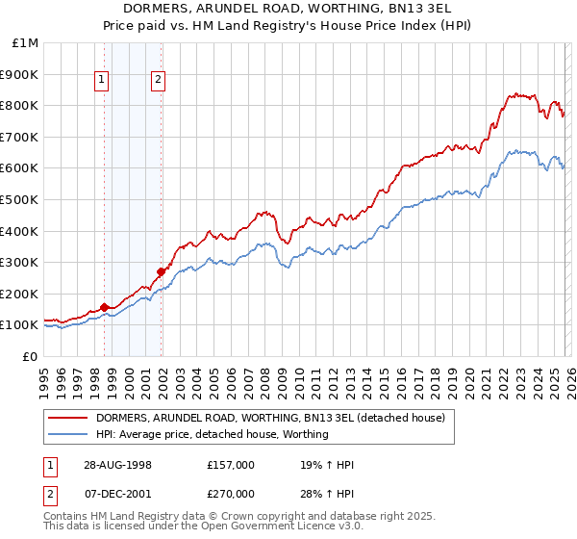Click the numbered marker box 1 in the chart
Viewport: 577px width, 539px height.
click(102, 82)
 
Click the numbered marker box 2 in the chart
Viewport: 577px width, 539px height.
click(158, 82)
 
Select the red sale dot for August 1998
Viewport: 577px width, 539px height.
click(105, 307)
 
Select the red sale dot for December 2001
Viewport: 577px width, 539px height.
click(161, 271)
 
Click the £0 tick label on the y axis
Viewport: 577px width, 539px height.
click(30, 356)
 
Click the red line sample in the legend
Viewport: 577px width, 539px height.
click(68, 418)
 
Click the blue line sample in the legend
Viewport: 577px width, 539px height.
click(68, 434)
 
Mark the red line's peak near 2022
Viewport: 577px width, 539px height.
click(516, 93)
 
